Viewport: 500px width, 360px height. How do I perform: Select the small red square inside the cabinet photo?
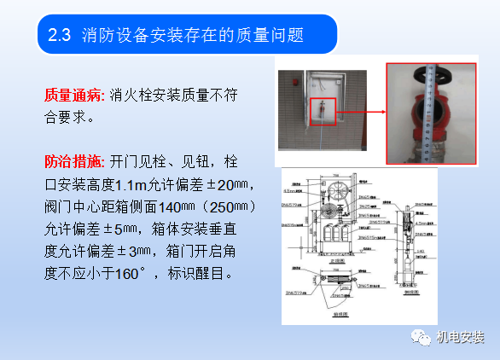(327, 111)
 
